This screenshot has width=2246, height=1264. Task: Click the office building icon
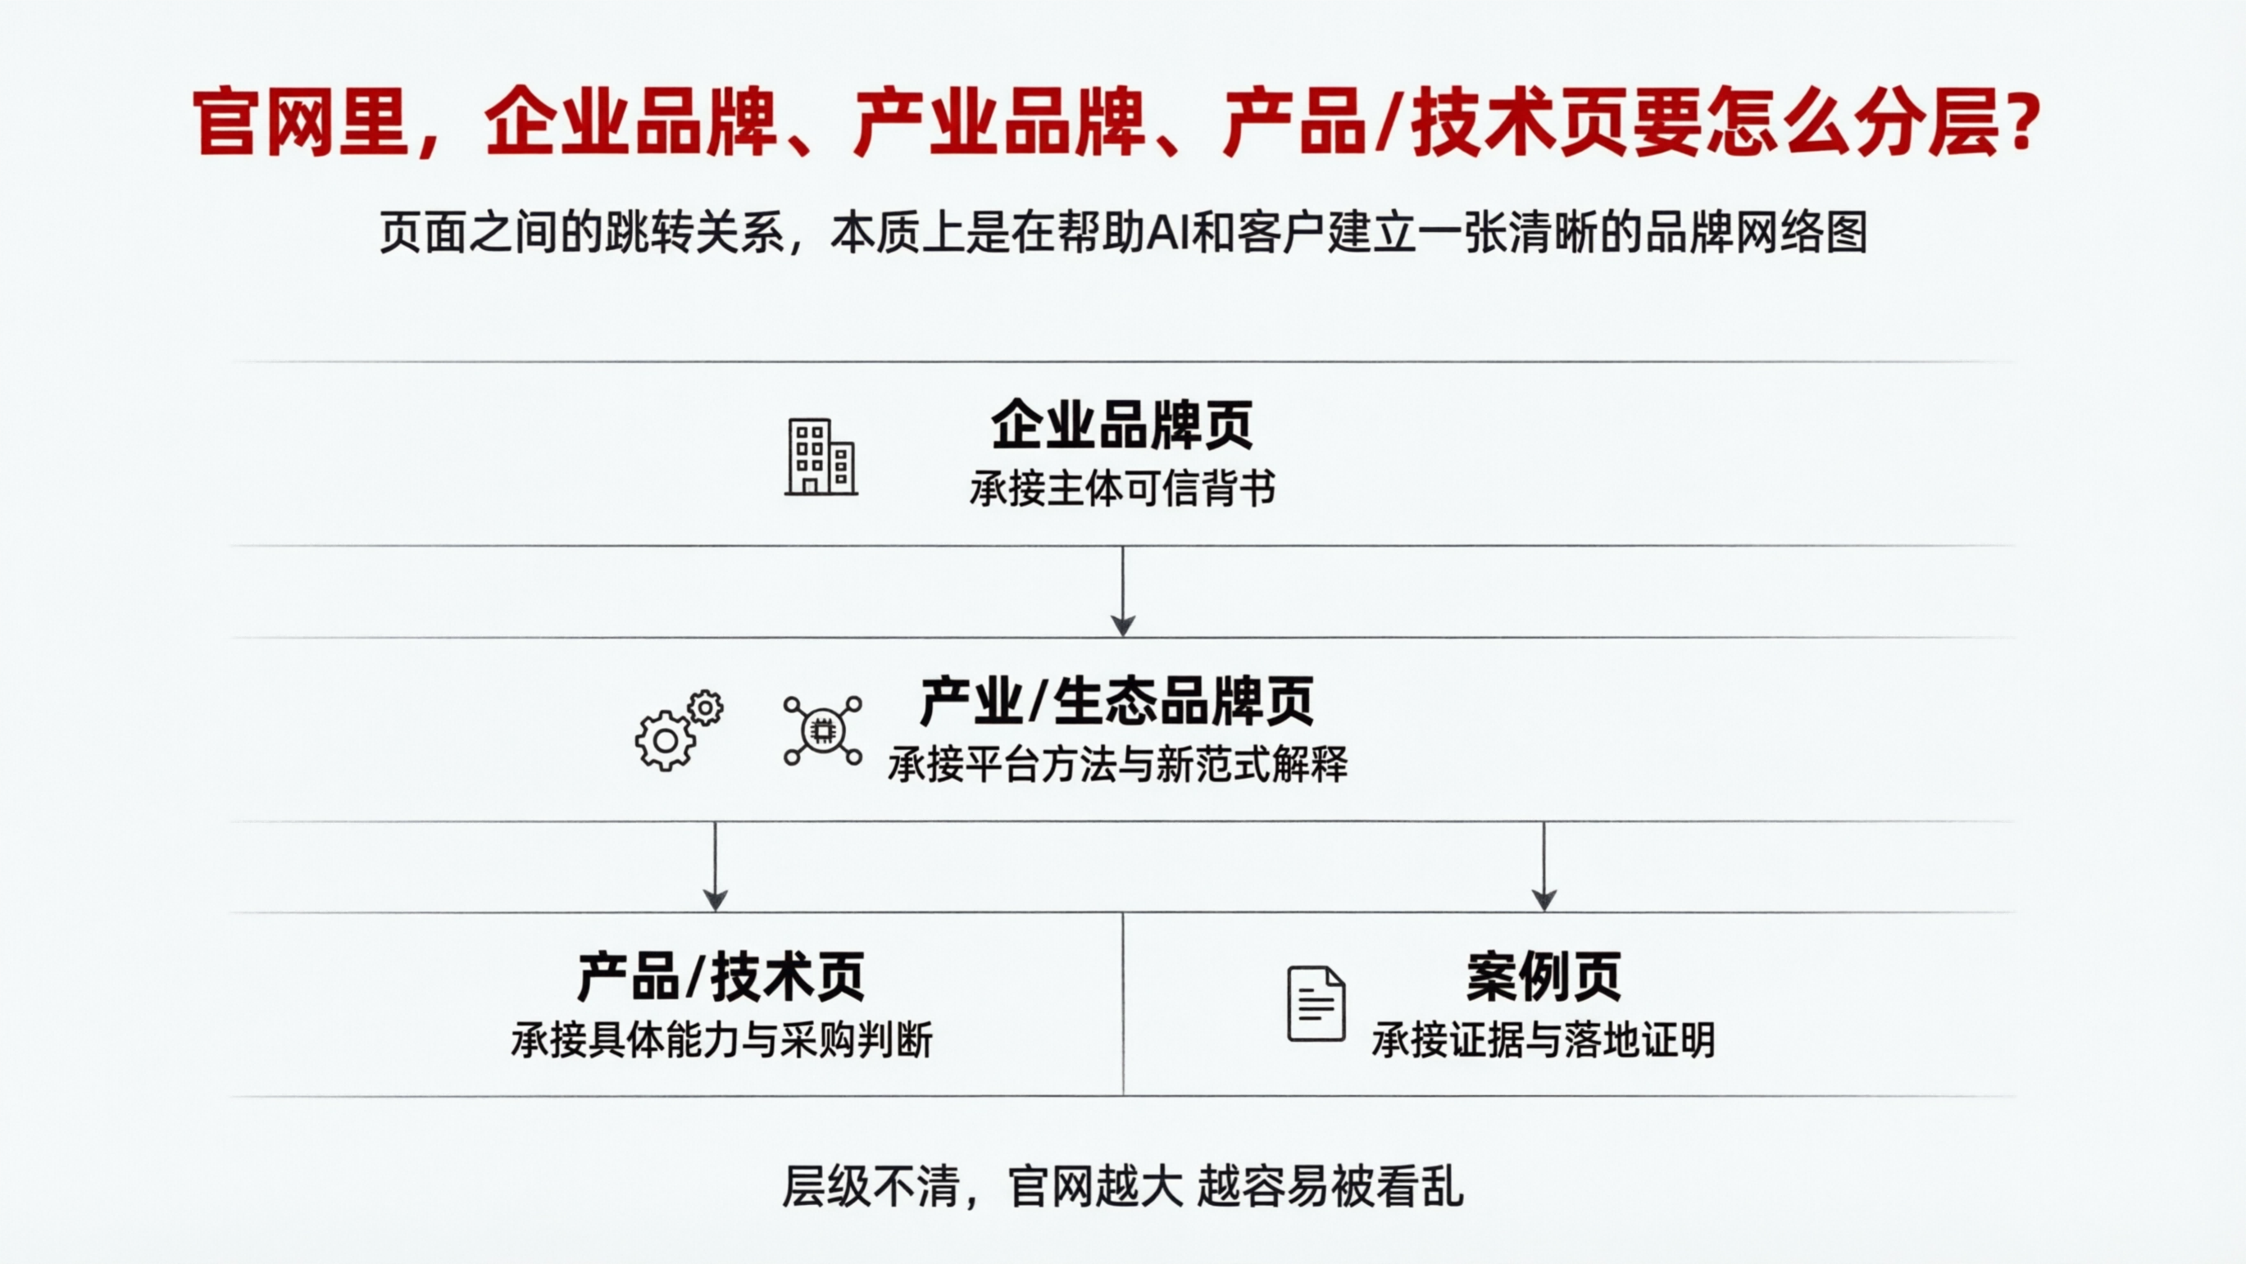click(821, 457)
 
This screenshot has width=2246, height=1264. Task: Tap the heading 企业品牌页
click(1122, 425)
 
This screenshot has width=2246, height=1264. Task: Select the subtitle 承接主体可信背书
click(1122, 489)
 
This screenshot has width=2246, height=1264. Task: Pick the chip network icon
click(822, 730)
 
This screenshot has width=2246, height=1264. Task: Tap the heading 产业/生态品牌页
click(1117, 701)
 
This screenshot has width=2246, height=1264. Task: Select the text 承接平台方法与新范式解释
click(1117, 765)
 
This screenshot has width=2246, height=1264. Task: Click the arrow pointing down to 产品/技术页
click(715, 866)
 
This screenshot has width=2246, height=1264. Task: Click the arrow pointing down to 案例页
click(1544, 866)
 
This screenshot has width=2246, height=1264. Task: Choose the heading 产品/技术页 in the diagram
click(721, 976)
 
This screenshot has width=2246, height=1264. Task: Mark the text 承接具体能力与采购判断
click(722, 1040)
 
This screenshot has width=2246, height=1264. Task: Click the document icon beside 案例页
click(1316, 1003)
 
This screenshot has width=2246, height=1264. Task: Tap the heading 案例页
click(1544, 976)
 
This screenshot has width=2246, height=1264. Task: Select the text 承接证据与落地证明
click(1544, 1040)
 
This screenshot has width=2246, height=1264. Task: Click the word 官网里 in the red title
click(301, 122)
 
